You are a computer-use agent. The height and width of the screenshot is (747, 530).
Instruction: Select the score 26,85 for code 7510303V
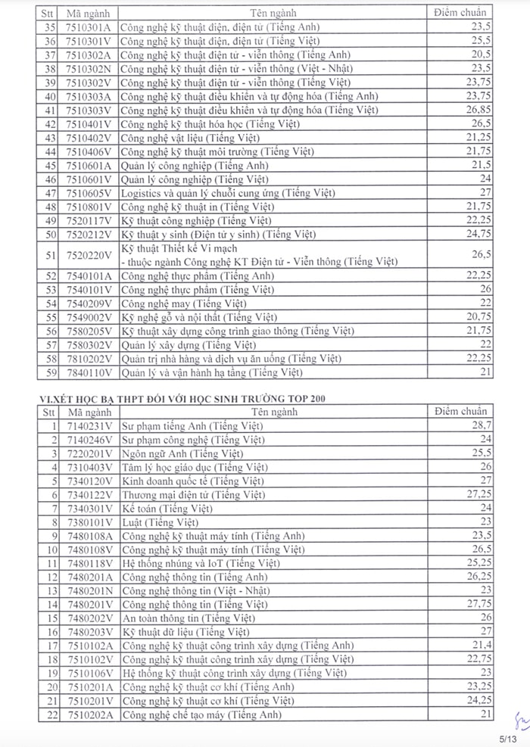[x=479, y=110]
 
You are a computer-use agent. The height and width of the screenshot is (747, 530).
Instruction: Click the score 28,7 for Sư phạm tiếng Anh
[x=482, y=426]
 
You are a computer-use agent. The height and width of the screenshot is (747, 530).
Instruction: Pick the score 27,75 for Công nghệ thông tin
[x=479, y=604]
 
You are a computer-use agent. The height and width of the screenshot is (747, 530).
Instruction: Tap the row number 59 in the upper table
[x=51, y=372]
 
